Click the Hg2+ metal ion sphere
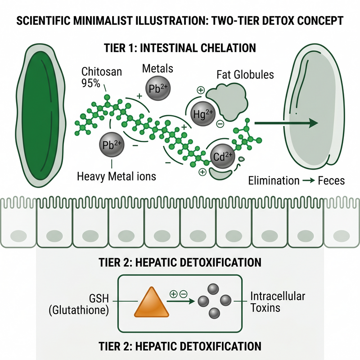(203, 114)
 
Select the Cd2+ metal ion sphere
(222, 156)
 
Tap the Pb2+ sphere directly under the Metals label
(158, 88)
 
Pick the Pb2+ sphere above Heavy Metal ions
(112, 144)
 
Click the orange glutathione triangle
(152, 302)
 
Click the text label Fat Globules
(245, 75)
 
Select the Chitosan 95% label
(102, 77)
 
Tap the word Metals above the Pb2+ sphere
(157, 68)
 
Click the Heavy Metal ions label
(117, 176)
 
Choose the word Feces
(331, 181)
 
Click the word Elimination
(274, 181)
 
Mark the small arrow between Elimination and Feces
(309, 181)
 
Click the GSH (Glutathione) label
(79, 304)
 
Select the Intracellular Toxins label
(278, 302)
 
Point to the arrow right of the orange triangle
(181, 301)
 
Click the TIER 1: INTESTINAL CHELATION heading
(180, 48)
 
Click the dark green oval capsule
(40, 116)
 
